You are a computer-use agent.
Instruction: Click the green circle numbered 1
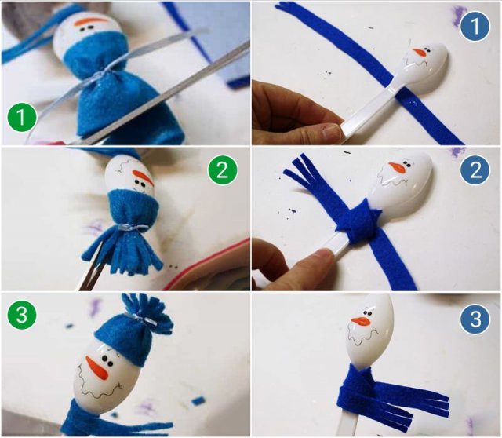pyautogui.click(x=22, y=117)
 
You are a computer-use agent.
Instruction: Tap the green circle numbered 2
pyautogui.click(x=223, y=170)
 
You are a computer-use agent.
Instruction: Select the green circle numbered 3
pyautogui.click(x=22, y=315)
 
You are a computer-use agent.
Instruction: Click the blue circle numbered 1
pyautogui.click(x=475, y=26)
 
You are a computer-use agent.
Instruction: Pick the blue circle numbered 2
pyautogui.click(x=475, y=170)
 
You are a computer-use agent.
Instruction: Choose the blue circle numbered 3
pyautogui.click(x=475, y=319)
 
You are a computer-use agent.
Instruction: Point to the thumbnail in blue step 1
pyautogui.click(x=330, y=131)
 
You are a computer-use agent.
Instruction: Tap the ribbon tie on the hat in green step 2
pyautogui.click(x=131, y=228)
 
